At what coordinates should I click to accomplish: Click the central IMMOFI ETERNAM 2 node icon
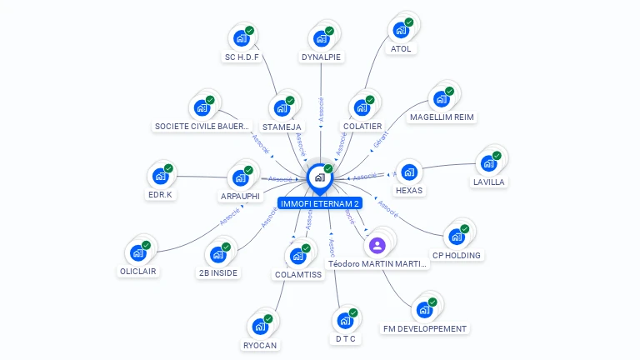coord(320,177)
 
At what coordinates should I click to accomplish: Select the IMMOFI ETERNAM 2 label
coord(320,203)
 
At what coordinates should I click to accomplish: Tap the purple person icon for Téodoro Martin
coord(377,245)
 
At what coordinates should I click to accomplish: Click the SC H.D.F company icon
coord(242,37)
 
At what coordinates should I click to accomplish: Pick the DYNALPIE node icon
coord(322,37)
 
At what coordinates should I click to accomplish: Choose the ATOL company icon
coord(401,30)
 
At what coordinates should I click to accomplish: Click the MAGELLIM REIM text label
coord(442,117)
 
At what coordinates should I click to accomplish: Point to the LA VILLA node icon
coord(489,162)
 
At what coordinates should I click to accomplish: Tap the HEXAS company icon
coord(409,172)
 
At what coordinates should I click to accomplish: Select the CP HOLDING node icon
coord(457,236)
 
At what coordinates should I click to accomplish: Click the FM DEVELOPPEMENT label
coord(425,328)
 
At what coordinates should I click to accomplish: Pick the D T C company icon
coord(345,319)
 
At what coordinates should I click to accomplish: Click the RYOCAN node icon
coord(260,326)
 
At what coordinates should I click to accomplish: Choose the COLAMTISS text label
coord(297,274)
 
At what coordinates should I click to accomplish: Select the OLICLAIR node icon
coord(138,252)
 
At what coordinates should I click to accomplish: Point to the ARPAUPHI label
coord(240,197)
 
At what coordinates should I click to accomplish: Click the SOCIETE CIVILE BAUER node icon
coord(202,107)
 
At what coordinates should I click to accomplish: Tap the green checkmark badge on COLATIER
coord(369,101)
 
